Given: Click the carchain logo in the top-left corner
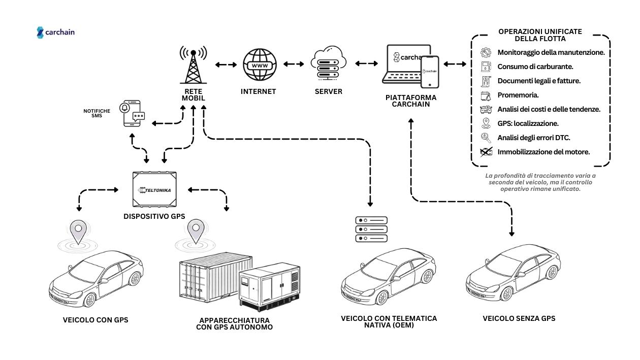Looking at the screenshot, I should pyautogui.click(x=56, y=32).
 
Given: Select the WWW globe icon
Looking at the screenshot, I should pyautogui.click(x=259, y=66).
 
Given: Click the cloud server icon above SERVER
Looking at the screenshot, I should pyautogui.click(x=328, y=64).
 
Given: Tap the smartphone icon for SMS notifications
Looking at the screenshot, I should pyautogui.click(x=132, y=113).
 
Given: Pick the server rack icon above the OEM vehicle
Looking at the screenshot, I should pyautogui.click(x=371, y=230).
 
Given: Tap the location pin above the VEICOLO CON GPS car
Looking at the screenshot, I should pyautogui.click(x=78, y=232).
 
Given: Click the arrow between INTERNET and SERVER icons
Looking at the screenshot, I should pyautogui.click(x=293, y=64).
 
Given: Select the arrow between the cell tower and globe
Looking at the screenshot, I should pyautogui.click(x=226, y=65).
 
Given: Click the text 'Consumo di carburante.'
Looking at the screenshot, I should pyautogui.click(x=535, y=67).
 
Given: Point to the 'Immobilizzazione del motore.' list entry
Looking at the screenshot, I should pyautogui.click(x=543, y=152).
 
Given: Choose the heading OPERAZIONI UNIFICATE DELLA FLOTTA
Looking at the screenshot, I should pyautogui.click(x=540, y=35).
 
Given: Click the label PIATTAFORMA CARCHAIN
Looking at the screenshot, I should pyautogui.click(x=411, y=101).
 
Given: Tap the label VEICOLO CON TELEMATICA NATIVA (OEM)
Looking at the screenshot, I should pyautogui.click(x=389, y=322).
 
